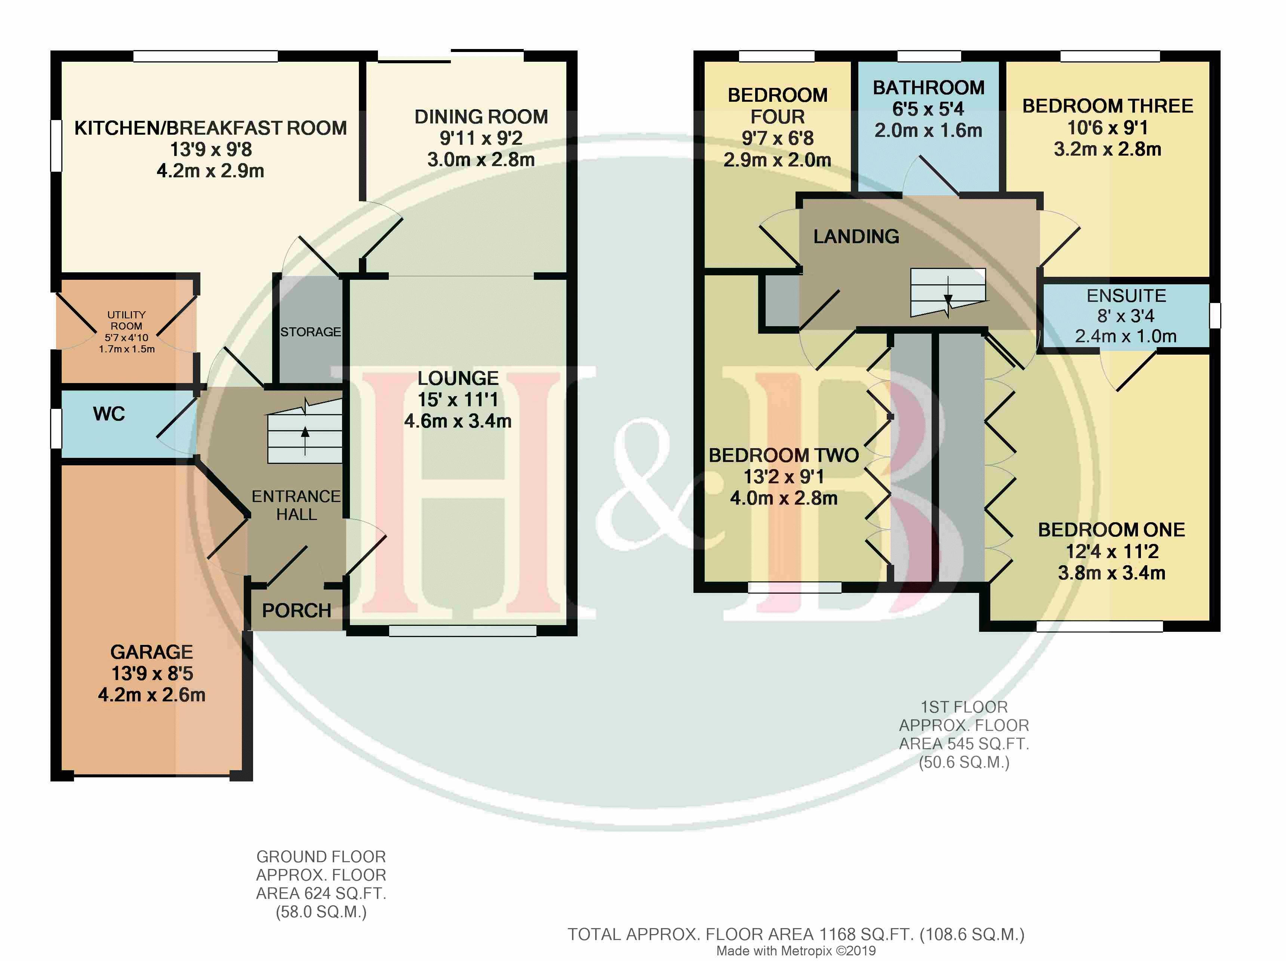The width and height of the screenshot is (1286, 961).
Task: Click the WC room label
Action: pyautogui.click(x=109, y=414)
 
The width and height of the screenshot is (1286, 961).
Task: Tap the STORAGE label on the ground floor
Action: pyautogui.click(x=310, y=331)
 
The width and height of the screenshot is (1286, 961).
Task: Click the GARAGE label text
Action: pyautogui.click(x=152, y=652)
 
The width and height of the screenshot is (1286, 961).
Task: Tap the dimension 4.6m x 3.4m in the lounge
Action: pyautogui.click(x=458, y=420)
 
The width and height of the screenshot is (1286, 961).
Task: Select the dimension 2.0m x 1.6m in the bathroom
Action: pyautogui.click(x=929, y=130)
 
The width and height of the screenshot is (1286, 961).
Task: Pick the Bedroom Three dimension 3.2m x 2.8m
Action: pyautogui.click(x=1108, y=149)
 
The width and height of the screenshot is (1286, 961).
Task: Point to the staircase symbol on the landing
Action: pyautogui.click(x=948, y=293)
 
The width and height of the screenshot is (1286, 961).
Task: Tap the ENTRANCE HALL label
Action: pyautogui.click(x=296, y=505)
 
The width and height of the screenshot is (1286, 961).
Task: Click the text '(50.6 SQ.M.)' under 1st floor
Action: pyautogui.click(x=964, y=762)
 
